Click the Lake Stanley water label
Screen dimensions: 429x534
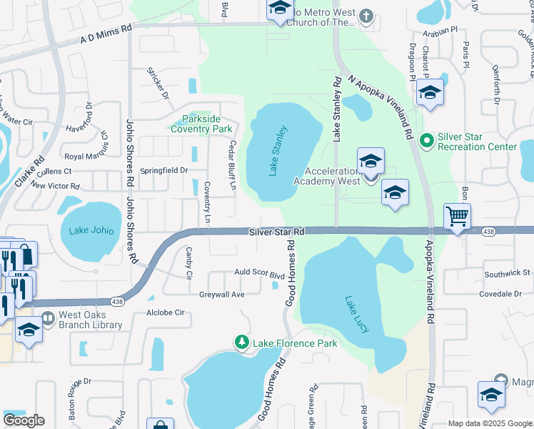point(278,150)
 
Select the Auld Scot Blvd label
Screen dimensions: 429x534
point(260,275)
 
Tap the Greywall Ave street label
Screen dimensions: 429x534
point(222,294)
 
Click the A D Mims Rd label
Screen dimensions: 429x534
point(107,33)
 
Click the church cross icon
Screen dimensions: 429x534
point(366,16)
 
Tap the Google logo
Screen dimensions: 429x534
point(24,420)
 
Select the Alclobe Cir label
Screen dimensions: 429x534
point(165,312)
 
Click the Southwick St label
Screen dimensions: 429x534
point(507,273)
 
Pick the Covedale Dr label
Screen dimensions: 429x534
point(500,294)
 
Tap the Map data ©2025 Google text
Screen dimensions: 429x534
point(489,423)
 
